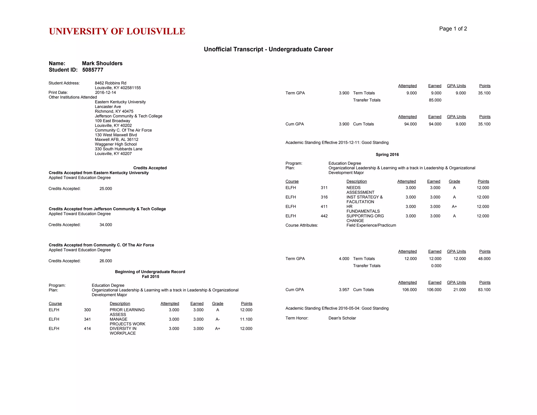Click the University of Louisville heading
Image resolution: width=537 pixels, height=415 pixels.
coord(117,31)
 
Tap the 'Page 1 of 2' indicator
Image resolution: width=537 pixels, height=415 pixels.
coord(453,29)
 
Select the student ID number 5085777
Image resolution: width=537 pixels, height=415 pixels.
coord(93,70)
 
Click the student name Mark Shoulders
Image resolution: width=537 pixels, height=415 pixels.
coord(102,63)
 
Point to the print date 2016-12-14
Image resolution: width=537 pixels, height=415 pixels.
coord(105,93)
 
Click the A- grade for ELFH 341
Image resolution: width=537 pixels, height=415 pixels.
coord(218,319)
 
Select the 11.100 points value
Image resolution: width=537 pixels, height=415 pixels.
coord(246,319)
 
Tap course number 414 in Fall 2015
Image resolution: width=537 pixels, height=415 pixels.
coord(87,329)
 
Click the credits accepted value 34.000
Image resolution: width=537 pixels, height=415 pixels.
coord(106,225)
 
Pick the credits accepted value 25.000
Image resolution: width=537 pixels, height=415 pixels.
coord(106,189)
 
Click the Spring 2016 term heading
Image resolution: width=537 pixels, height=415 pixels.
coord(387,155)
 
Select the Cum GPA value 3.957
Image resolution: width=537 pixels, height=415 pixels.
coord(344,290)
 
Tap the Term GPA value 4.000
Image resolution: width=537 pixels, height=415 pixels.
coord(344,259)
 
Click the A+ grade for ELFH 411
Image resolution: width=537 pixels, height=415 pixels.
coord(454,207)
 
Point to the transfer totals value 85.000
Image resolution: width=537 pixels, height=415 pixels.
coord(435,100)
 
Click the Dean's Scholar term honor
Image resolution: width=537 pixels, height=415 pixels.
coord(342,318)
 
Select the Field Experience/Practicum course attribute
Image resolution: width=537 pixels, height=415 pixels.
coord(371,225)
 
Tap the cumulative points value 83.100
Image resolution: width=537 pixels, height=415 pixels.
coord(484,290)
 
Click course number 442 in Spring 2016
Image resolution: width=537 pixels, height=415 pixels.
coord(324,216)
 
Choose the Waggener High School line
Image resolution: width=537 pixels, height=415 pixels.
coord(116,144)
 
